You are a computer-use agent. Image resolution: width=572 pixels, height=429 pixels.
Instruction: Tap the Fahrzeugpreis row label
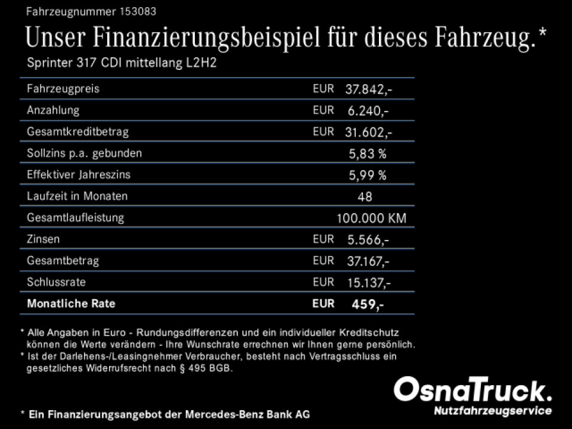[x=63, y=89]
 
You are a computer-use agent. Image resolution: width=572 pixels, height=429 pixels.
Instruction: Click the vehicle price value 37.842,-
[x=368, y=89]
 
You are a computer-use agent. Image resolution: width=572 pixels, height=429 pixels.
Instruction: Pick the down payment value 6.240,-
[x=371, y=110]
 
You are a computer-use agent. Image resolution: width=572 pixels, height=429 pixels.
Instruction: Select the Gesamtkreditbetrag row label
[x=78, y=132]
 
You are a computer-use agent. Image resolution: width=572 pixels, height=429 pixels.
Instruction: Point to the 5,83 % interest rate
[x=368, y=153]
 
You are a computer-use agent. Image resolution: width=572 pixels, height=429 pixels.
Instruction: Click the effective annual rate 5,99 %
[x=368, y=175]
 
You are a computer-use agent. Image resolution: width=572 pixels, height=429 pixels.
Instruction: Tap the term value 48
[x=365, y=196]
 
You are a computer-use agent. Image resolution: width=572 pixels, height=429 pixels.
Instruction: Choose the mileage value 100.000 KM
[x=371, y=218]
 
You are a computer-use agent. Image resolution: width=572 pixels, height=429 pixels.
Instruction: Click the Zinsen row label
[x=43, y=239]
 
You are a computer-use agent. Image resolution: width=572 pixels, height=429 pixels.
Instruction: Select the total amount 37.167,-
[x=368, y=261]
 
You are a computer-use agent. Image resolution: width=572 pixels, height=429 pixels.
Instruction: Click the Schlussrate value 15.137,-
[x=368, y=282]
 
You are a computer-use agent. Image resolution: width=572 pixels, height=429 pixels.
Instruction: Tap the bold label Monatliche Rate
[x=71, y=304]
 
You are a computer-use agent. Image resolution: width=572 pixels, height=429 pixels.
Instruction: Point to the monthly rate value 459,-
[x=368, y=304]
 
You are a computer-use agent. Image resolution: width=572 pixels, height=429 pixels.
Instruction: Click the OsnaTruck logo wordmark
[x=473, y=391]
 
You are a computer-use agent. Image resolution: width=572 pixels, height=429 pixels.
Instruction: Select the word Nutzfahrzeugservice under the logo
[x=493, y=411]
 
